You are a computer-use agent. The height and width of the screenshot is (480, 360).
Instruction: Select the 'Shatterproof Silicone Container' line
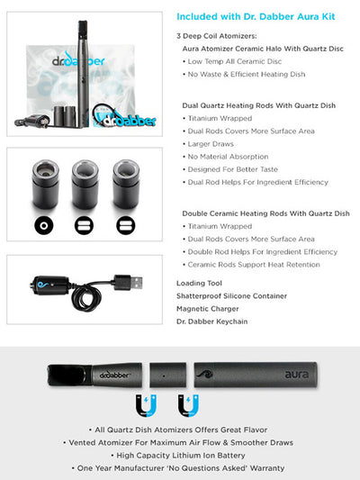pos(231,295)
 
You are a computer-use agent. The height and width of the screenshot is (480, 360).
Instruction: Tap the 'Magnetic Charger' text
pos(207,309)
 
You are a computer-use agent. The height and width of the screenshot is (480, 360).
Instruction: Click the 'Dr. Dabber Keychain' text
pos(213,322)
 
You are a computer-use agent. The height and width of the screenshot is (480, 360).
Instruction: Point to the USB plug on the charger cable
pos(130,281)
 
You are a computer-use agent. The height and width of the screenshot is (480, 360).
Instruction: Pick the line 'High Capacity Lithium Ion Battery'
pos(179,455)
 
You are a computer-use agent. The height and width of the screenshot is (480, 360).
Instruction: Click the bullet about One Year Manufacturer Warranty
pos(179,467)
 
